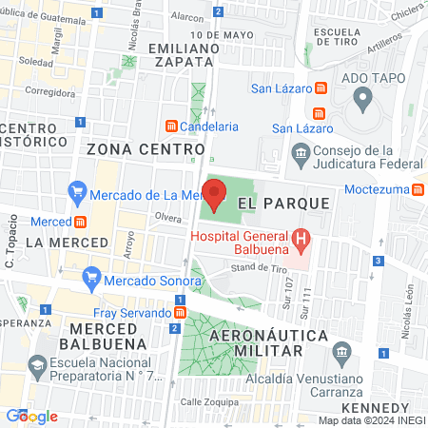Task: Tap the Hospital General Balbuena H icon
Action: tap(301, 238)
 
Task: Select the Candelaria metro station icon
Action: tap(171, 126)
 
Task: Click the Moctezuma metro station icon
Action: tap(418, 189)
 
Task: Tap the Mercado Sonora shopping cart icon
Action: tap(91, 278)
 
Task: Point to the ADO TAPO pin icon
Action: tap(361, 97)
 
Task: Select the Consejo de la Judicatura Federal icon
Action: tap(301, 152)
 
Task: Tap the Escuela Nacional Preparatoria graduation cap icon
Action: tap(37, 366)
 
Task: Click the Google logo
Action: tap(31, 417)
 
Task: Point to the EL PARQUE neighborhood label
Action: tap(283, 204)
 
